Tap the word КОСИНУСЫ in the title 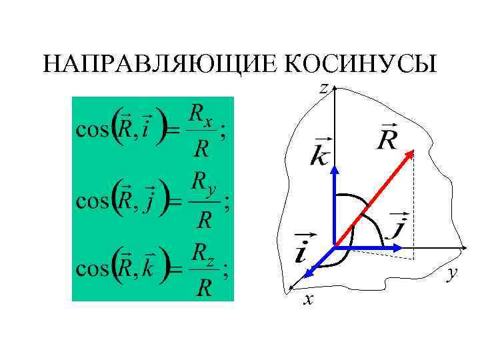click(x=360, y=64)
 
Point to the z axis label click(x=323, y=87)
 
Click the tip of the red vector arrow click(x=412, y=153)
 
